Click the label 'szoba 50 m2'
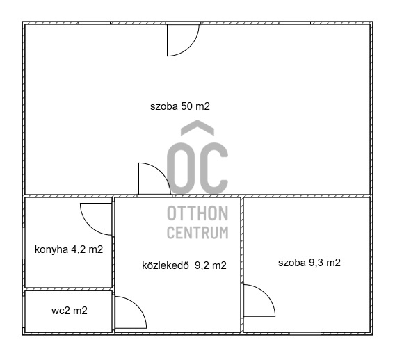pyautogui.click(x=179, y=107)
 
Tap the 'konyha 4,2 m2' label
pyautogui.click(x=69, y=249)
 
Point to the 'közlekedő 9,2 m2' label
pyautogui.click(x=184, y=264)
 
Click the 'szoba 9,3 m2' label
pyautogui.click(x=309, y=263)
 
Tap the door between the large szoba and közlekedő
pyautogui.click(x=153, y=179)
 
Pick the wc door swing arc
pyautogui.click(x=129, y=312)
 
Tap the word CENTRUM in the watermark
pyautogui.click(x=197, y=232)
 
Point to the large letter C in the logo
pyautogui.click(x=214, y=166)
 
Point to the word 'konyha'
pyautogui.click(x=49, y=249)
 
